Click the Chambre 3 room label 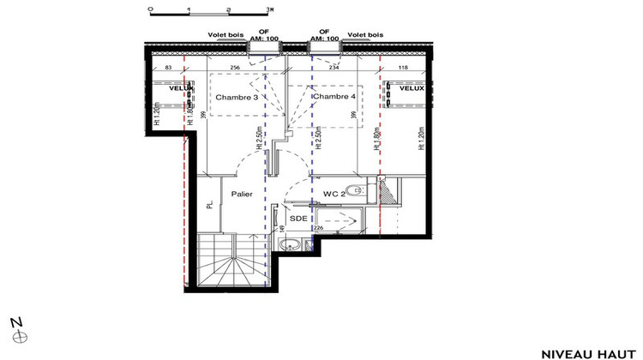coord(237,98)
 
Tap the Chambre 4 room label coord(335,97)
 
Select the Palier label coord(241,195)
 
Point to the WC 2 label coord(333,194)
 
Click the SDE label coord(298,219)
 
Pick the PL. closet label coord(209,205)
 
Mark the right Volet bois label coord(364,35)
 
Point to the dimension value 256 coord(233,67)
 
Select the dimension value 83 coord(168,67)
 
